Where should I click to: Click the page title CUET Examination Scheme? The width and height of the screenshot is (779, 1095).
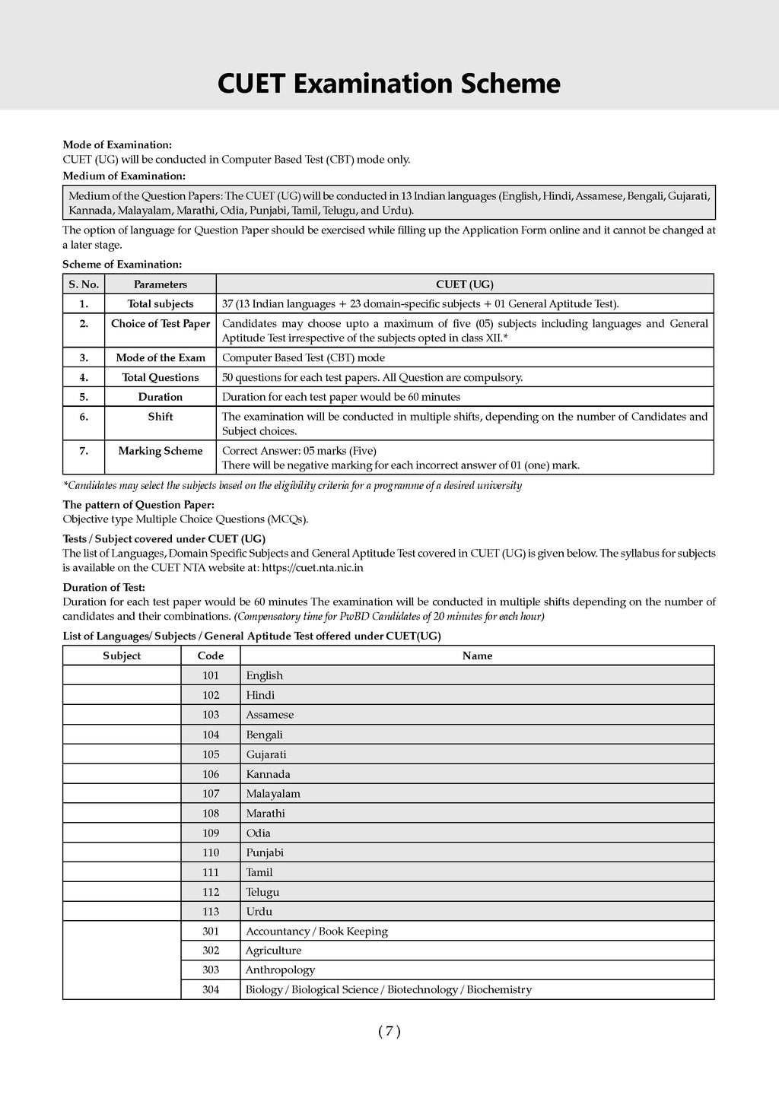[389, 84]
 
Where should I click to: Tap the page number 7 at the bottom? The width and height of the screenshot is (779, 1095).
[389, 1031]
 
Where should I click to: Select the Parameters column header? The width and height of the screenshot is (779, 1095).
[161, 284]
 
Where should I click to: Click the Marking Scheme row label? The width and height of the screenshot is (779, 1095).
[161, 451]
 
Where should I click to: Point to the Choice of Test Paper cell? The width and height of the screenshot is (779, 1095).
[161, 324]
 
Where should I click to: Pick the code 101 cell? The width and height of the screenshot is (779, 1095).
[211, 675]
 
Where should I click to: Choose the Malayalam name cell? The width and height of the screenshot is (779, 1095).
[273, 794]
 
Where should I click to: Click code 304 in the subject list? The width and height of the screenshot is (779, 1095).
[211, 989]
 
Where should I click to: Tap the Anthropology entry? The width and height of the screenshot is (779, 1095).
[280, 970]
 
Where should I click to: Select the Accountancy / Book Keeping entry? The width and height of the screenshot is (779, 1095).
[316, 931]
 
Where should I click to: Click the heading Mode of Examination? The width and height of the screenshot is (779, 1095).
[117, 144]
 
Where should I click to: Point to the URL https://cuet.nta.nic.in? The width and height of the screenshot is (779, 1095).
[312, 567]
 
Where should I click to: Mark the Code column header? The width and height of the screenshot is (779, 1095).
[211, 655]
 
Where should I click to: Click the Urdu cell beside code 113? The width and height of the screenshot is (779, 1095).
[259, 911]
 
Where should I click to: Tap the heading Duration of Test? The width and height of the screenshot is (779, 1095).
[103, 587]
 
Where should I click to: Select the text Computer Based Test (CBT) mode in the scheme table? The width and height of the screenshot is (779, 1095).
[304, 357]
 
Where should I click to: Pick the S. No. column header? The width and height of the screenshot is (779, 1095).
[84, 284]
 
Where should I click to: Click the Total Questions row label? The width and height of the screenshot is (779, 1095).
[161, 377]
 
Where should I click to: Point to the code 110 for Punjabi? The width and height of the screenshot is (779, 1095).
[211, 852]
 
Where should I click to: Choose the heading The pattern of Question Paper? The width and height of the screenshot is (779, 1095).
[138, 504]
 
